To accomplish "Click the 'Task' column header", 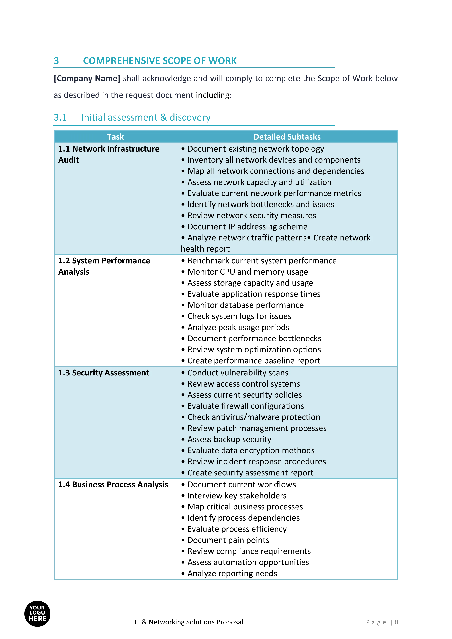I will pos(115,137).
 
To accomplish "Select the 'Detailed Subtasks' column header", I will pos(287,137).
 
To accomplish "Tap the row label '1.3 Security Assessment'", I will pos(103,373).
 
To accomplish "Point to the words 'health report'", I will pos(205,249).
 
